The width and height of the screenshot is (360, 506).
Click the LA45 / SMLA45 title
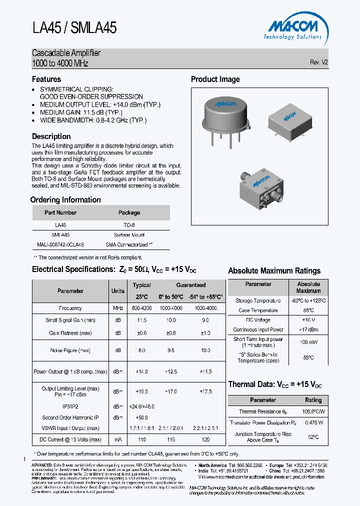coord(74,27)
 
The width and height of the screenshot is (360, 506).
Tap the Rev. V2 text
coord(319,62)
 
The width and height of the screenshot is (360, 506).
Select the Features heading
coord(46,79)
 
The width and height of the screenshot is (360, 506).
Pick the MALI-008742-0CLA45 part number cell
coord(60,244)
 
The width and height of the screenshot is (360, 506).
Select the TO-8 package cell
coord(129,225)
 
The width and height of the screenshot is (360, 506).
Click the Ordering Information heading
coord(66,199)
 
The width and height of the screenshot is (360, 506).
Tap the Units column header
coord(118,291)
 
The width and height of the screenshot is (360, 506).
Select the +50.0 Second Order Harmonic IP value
coord(142,417)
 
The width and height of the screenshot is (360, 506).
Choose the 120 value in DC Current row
coord(205,439)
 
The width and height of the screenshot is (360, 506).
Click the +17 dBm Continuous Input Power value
coord(308,329)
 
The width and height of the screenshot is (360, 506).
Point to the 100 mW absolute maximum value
coord(308,342)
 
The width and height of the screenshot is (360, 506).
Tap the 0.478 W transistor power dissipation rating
coord(313,422)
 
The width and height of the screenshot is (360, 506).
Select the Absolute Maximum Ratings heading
coord(274,270)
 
